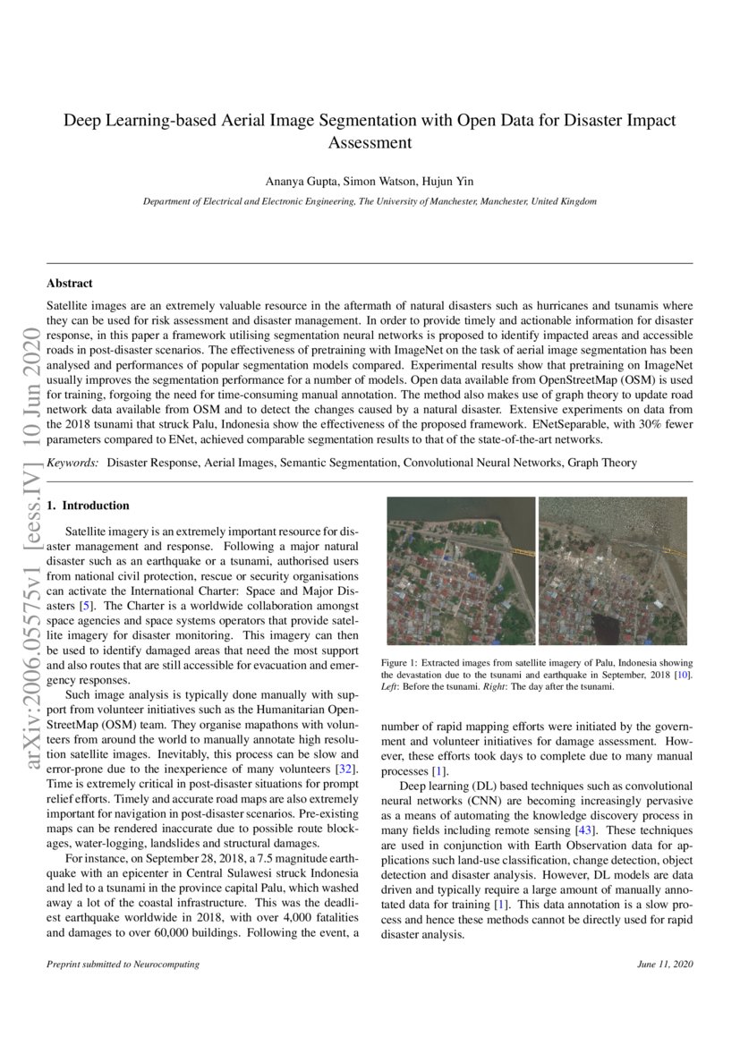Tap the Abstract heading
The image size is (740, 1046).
pyautogui.click(x=70, y=283)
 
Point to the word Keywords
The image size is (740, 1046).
pyautogui.click(x=72, y=463)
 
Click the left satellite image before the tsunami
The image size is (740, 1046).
pyautogui.click(x=461, y=571)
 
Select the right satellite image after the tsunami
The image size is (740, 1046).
pyautogui.click(x=613, y=571)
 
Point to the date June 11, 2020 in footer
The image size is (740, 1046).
pyautogui.click(x=666, y=965)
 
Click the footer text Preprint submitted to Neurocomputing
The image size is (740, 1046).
pyautogui.click(x=123, y=965)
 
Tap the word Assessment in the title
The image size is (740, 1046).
pyautogui.click(x=370, y=142)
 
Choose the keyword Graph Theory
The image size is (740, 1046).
pyautogui.click(x=608, y=463)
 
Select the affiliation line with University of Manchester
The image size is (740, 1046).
pyautogui.click(x=370, y=201)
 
